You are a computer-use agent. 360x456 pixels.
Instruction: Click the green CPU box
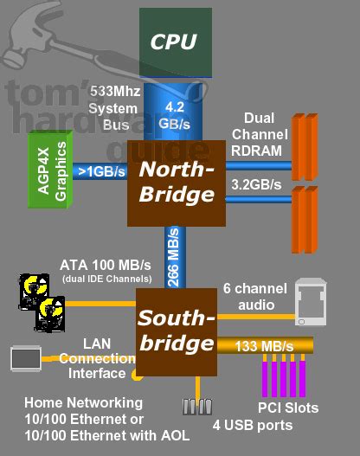176,41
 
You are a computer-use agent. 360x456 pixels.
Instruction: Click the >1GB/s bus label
100,170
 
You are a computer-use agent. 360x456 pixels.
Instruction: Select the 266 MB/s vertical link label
175,257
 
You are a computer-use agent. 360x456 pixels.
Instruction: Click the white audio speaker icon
310,300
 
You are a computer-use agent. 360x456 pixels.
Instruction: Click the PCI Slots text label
289,408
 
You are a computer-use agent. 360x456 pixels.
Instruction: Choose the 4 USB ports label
251,424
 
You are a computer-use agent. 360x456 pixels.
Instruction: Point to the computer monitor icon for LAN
24,356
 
